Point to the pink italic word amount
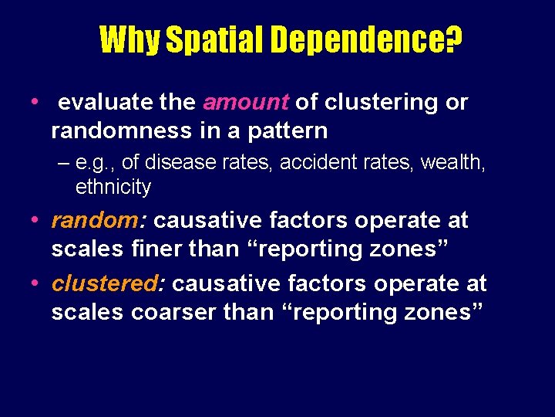[246, 103]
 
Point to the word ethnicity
[113, 187]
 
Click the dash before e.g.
[62, 161]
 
